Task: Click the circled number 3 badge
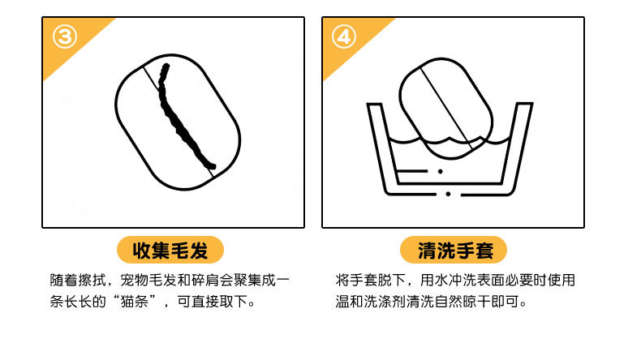point(65,36)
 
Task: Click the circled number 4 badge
point(344,36)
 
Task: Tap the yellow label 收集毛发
point(170,250)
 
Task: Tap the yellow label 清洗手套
point(454,250)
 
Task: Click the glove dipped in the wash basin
point(445,108)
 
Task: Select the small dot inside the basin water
point(441,171)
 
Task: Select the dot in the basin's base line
point(449,194)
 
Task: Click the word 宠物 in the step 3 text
point(135,280)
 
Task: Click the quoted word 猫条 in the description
point(135,302)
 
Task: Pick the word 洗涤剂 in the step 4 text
point(385,302)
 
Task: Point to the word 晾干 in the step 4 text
point(476,302)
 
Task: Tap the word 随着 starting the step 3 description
point(64,280)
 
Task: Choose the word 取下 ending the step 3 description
point(234,302)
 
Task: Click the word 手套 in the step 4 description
point(364,280)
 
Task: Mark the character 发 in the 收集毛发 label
point(199,250)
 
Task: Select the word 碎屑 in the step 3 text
point(204,280)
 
